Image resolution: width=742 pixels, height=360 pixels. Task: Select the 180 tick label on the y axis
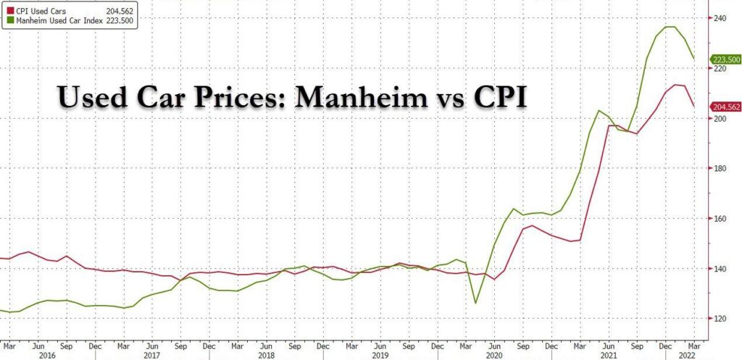(x=717, y=168)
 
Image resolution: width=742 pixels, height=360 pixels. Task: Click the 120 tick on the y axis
(x=717, y=319)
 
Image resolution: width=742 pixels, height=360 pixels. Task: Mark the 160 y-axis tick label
(x=717, y=218)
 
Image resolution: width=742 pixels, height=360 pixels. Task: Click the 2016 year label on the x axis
(x=47, y=356)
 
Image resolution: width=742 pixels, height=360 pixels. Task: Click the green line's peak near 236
(x=670, y=27)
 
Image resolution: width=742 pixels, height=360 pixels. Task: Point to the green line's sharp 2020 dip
(x=475, y=303)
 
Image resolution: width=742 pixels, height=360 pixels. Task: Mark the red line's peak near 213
(x=675, y=85)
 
